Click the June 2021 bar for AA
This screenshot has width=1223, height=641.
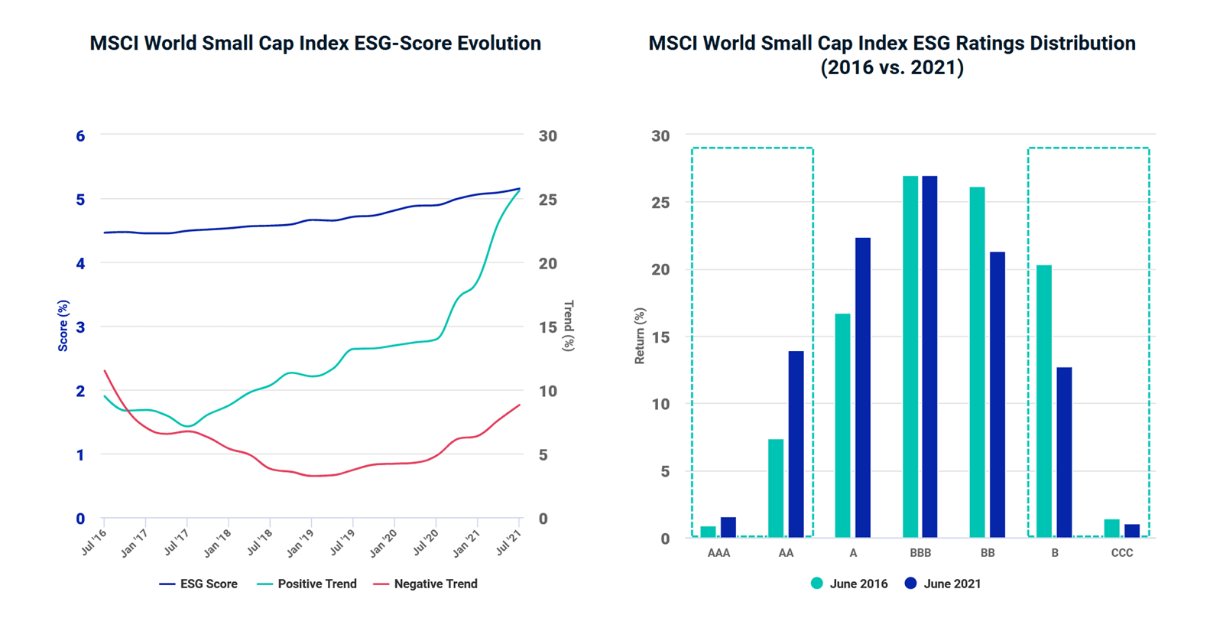[796, 444]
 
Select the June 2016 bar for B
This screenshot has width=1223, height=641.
[1043, 401]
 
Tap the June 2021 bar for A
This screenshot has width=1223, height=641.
[862, 387]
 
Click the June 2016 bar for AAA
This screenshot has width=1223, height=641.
[709, 532]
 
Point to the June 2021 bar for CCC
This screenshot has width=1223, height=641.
[1132, 531]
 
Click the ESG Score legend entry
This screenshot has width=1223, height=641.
[199, 584]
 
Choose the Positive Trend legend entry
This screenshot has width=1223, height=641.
[307, 584]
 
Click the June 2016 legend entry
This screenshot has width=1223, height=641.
[849, 584]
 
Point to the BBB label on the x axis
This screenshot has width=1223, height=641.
[920, 553]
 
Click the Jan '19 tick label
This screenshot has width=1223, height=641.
[299, 543]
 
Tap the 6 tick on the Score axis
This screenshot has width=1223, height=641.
[80, 136]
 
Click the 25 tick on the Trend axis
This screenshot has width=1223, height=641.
[547, 200]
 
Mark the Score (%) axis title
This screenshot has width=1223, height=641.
[63, 326]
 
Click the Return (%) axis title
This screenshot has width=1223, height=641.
[640, 336]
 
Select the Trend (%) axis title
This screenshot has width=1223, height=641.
[568, 326]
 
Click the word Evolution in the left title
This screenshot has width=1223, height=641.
[499, 44]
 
